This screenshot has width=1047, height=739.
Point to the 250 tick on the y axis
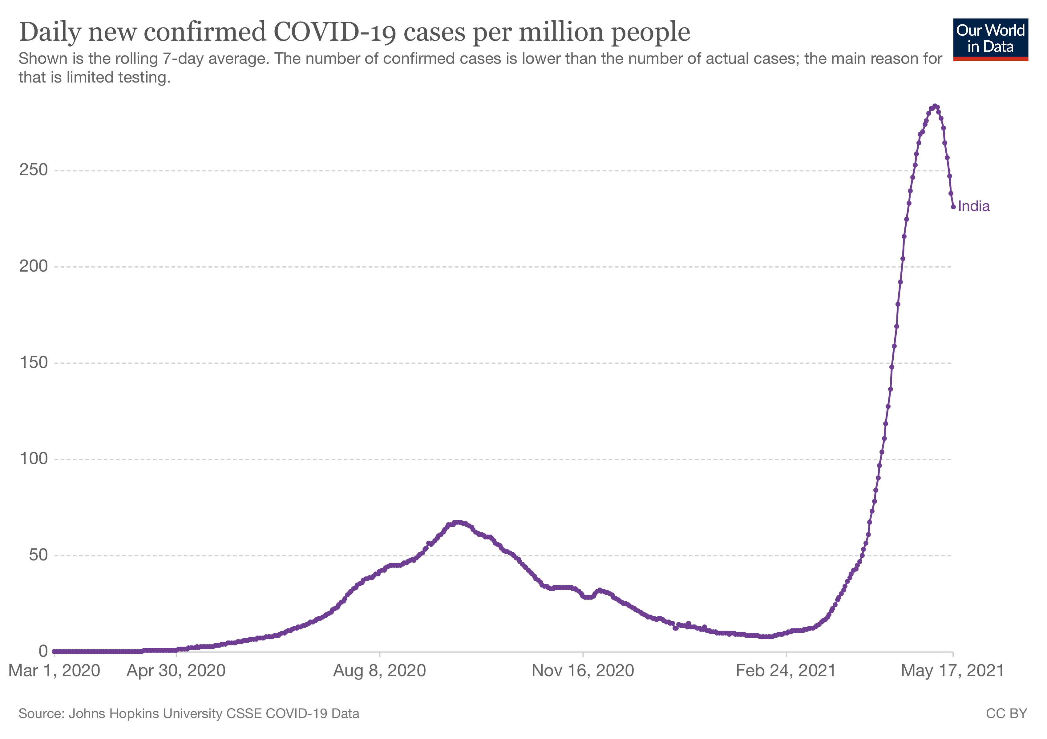[33, 170]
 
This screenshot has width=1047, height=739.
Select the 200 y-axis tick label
[33, 266]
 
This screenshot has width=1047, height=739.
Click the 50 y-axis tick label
[38, 555]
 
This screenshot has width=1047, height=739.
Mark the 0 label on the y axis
[43, 652]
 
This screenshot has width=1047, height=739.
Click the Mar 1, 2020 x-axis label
[54, 671]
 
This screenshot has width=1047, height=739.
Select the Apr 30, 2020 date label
[176, 671]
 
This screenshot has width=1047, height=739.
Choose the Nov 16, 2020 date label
[583, 671]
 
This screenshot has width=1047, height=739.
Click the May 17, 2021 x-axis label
[952, 671]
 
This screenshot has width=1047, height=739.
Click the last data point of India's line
[953, 207]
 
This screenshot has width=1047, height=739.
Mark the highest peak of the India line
[935, 106]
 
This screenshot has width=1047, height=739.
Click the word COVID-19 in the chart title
[335, 32]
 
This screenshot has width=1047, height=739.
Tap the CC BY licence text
[1006, 713]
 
